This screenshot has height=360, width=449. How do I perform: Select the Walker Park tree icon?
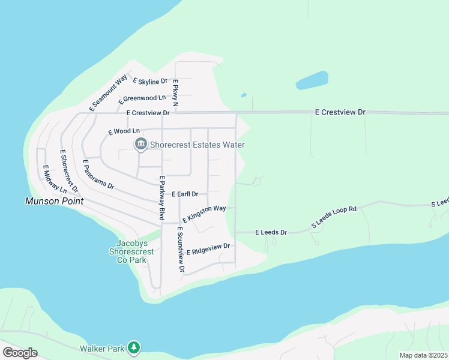tap(135, 347)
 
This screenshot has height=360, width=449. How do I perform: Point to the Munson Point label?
tap(54, 202)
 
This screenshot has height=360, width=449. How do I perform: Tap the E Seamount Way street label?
tap(108, 93)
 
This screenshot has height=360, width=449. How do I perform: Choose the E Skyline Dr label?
tap(150, 81)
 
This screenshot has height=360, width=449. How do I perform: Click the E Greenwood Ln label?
tap(143, 98)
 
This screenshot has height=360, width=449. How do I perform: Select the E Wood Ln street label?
tap(124, 131)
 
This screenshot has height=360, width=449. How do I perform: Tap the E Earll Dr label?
tap(189, 194)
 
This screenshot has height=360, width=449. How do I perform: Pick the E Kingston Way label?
tap(204, 214)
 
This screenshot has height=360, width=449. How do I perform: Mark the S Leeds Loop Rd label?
tap(334, 217)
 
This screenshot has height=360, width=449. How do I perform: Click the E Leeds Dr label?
tap(271, 232)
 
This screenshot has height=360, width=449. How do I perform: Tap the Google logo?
tap(20, 353)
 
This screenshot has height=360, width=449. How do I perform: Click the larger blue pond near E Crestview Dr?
tap(312, 80)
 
